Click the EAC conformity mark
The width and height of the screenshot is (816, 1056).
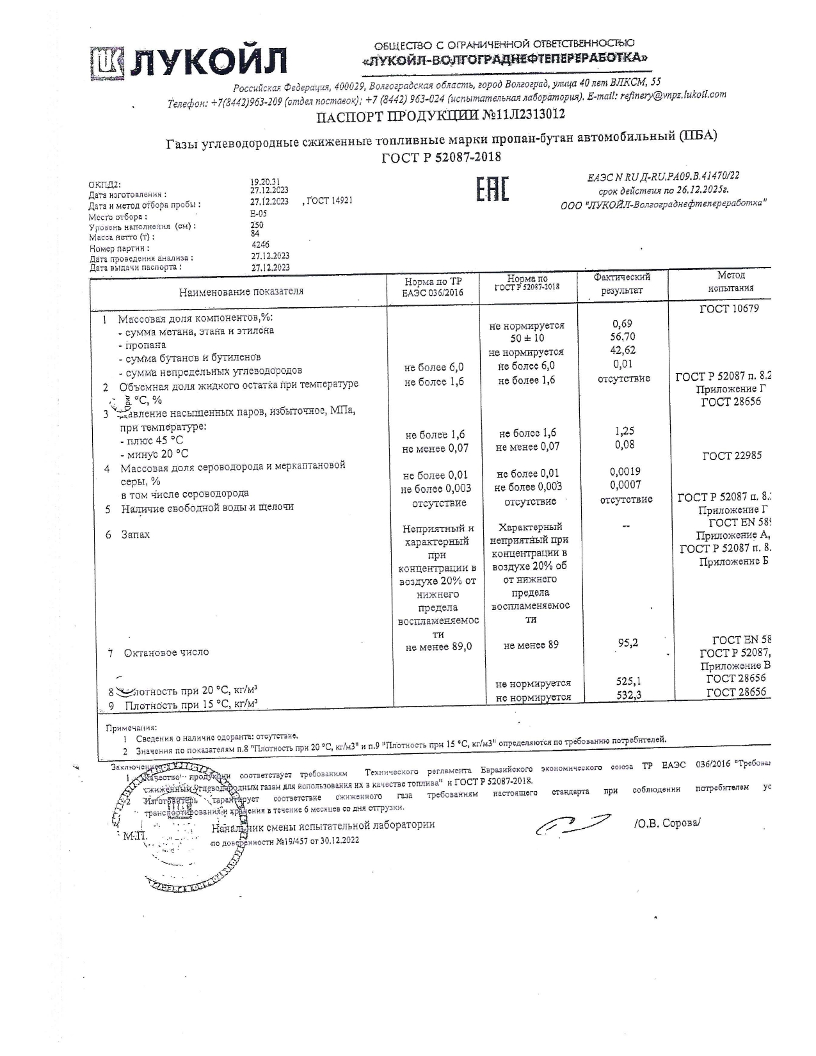pos(492,189)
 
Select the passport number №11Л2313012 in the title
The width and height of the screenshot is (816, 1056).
pos(519,115)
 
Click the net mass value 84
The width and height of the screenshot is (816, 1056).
pos(255,234)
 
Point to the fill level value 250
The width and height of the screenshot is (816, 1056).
pos(257,225)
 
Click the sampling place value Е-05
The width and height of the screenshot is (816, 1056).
pos(259,214)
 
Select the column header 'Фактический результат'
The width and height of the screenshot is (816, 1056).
pos(621,284)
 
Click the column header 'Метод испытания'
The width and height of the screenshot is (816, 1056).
pos(730,282)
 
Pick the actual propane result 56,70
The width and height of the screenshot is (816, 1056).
pos(623,337)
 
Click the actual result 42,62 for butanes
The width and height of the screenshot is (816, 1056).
pos(623,350)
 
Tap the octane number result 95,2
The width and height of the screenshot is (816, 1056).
pos(628,643)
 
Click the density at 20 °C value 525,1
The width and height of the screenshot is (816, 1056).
pos(628,682)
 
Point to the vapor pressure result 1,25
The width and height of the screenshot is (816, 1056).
pos(624,431)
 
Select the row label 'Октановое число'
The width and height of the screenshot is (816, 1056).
pos(166,652)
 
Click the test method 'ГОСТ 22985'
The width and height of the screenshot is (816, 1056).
pos(732,456)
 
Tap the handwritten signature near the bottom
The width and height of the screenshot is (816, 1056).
pos(572,824)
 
